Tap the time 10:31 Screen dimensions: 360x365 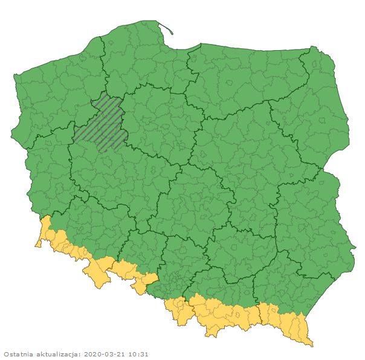pyautogui.click(x=138, y=354)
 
